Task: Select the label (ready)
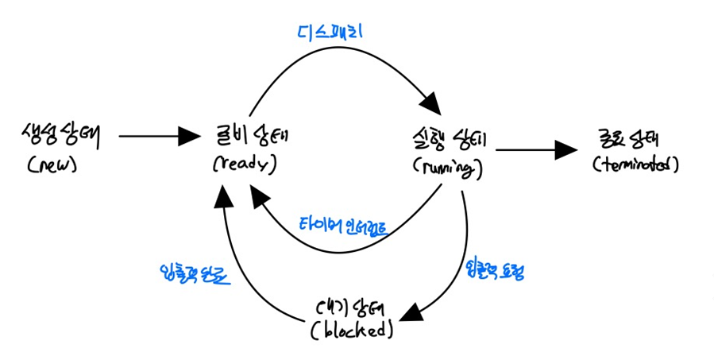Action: pos(243,165)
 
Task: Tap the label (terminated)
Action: pos(636,165)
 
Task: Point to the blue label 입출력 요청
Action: pos(494,271)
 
